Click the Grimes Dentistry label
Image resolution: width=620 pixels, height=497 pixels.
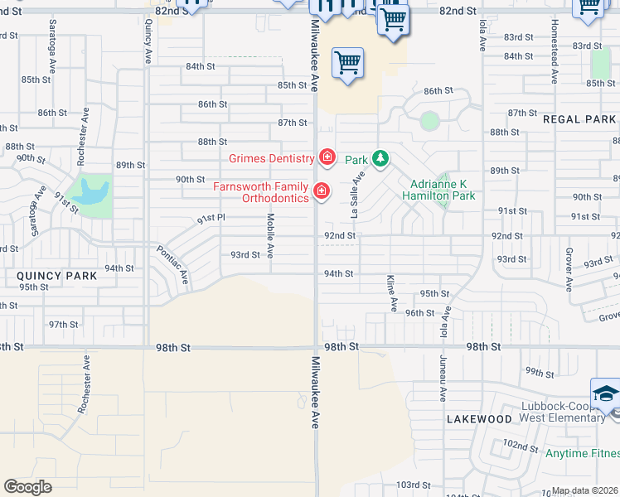tap(271, 157)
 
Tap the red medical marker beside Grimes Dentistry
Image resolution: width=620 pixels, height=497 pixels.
tap(327, 157)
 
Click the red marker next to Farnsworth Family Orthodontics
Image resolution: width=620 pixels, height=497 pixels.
tap(322, 192)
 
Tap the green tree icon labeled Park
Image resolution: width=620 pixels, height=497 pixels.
tap(380, 157)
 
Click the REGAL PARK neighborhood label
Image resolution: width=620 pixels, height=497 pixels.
tap(579, 119)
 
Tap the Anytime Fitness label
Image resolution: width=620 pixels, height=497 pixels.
tap(582, 453)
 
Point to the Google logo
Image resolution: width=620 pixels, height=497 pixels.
tap(28, 487)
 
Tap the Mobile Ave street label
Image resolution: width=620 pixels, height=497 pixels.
tap(270, 234)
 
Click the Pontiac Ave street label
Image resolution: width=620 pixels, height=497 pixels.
tap(173, 266)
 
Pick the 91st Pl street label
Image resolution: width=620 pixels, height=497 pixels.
tap(211, 220)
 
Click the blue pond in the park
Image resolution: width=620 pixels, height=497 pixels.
tap(89, 192)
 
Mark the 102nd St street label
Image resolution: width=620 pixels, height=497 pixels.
tap(521, 446)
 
